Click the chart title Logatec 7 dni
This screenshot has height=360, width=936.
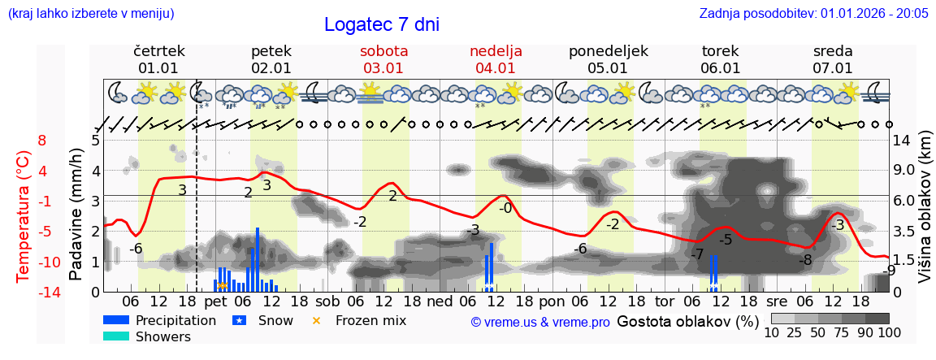click(x=381, y=24)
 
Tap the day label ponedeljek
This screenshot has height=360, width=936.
click(x=608, y=51)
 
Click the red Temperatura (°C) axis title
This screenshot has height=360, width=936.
click(x=24, y=215)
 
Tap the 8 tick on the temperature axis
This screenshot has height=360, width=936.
click(x=42, y=141)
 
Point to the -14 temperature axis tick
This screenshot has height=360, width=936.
click(x=50, y=293)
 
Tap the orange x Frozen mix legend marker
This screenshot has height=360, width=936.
click(x=317, y=320)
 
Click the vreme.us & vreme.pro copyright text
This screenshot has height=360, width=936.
click(x=540, y=323)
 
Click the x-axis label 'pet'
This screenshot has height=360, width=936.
click(x=214, y=301)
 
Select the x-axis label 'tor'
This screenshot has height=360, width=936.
click(x=665, y=301)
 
